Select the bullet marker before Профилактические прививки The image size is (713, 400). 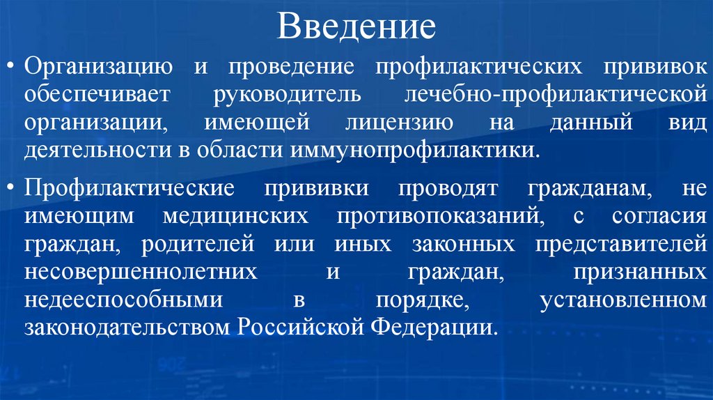point(13,188)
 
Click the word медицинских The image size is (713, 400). point(235,216)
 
